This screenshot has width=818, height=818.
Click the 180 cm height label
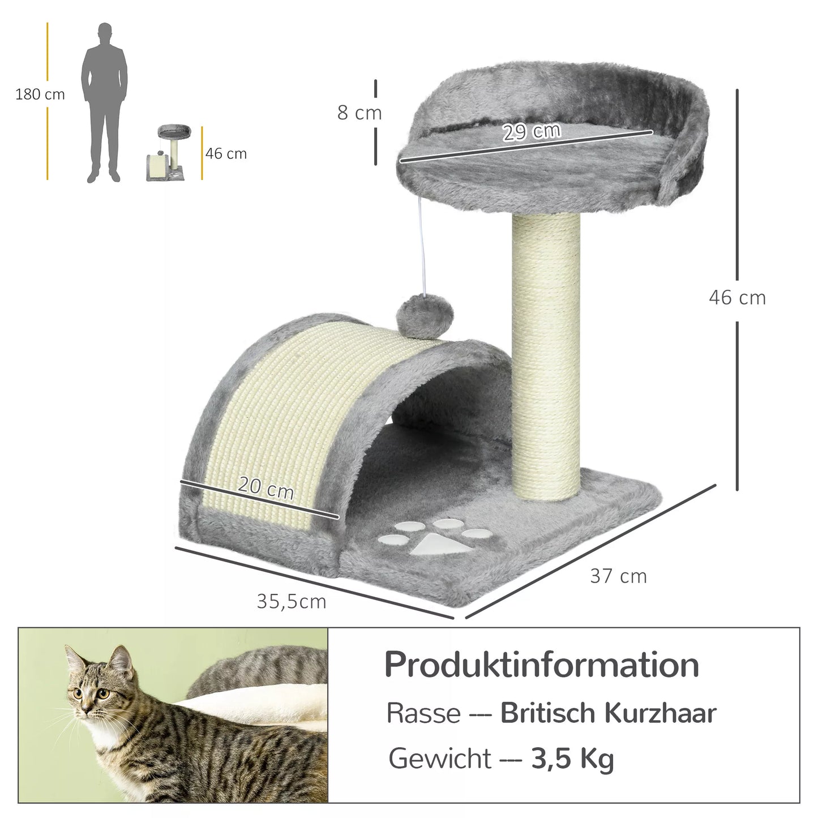(40, 95)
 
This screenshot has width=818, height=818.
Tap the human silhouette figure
(104, 102)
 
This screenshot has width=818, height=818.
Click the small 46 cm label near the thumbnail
(226, 154)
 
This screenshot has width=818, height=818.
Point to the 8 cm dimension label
(359, 113)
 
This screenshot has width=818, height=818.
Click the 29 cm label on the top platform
(532, 132)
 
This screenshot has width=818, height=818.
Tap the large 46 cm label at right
(737, 298)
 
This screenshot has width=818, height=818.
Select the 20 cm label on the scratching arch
(265, 487)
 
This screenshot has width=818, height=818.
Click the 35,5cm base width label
(292, 601)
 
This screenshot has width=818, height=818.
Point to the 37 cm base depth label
(618, 576)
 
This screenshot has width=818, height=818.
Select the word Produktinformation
(542, 665)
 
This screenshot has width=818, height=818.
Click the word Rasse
(423, 713)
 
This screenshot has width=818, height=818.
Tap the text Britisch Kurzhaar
(608, 713)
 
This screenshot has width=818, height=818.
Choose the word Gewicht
(440, 759)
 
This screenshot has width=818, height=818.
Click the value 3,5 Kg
(572, 759)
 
